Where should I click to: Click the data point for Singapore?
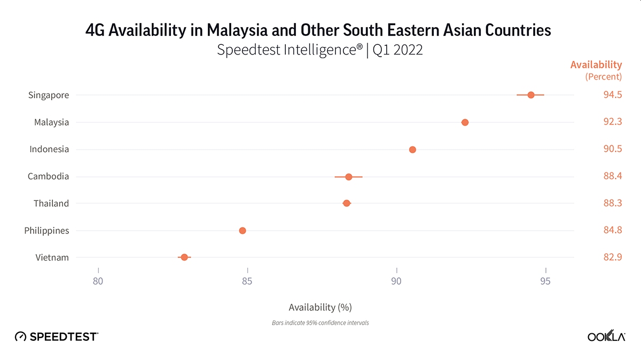[x=530, y=95]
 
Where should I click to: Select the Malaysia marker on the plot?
[x=465, y=122]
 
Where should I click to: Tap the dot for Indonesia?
[x=412, y=150]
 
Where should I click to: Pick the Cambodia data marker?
[x=348, y=177]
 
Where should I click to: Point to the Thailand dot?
[x=346, y=204]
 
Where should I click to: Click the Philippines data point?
[x=242, y=231]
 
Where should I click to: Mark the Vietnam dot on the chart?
[x=184, y=257]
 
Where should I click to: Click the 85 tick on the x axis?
[x=247, y=281]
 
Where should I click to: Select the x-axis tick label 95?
[x=545, y=281]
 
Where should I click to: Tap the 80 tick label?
[x=98, y=281]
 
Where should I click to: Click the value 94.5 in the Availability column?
[x=612, y=95]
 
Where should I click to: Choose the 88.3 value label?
[x=612, y=204]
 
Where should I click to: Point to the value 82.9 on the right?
[x=612, y=257]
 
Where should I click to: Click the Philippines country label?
[x=46, y=231]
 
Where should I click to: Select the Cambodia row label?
[x=48, y=177]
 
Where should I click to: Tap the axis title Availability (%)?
[x=320, y=307]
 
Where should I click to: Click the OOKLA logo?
[x=606, y=336]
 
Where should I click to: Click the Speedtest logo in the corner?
[x=56, y=336]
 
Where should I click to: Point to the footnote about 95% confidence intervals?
[x=320, y=323]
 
